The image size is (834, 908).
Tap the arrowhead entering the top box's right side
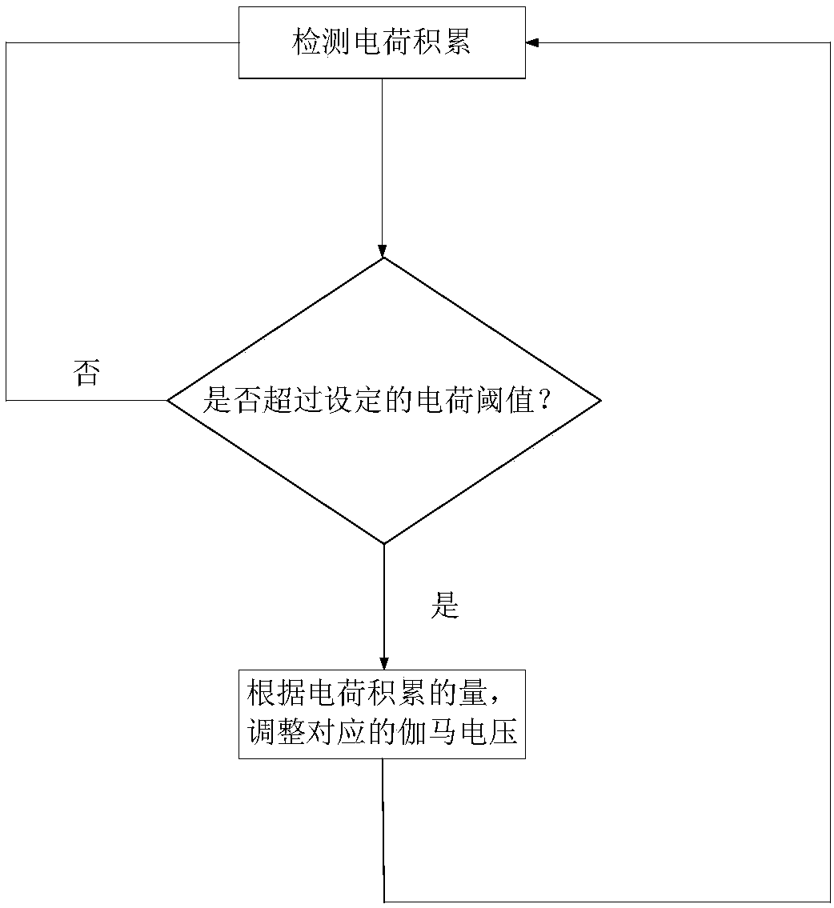pyautogui.click(x=532, y=42)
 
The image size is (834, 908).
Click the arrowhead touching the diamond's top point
pyautogui.click(x=383, y=250)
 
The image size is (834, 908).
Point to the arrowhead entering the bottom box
pyautogui.click(x=384, y=663)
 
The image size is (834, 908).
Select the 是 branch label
pyautogui.click(x=445, y=607)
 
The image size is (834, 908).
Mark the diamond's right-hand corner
pyautogui.click(x=599, y=400)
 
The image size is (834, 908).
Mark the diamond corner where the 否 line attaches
pyautogui.click(x=167, y=400)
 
